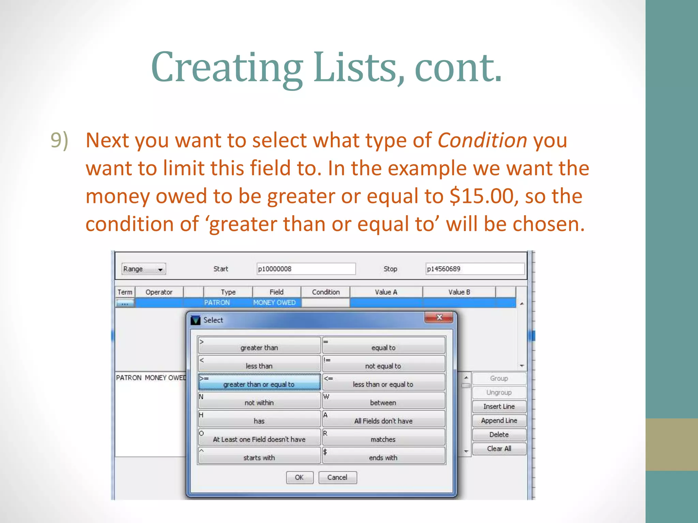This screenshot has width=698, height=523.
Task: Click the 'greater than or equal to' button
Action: [259, 382]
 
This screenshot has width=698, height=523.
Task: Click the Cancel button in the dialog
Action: [337, 477]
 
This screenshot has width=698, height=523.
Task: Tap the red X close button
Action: [439, 317]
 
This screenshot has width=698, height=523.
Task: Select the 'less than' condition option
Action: [259, 364]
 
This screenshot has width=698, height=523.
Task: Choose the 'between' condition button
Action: [383, 400]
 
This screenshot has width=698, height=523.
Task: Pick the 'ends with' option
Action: [383, 456]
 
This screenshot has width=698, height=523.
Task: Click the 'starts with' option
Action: [259, 456]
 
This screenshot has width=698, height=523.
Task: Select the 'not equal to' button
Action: [383, 364]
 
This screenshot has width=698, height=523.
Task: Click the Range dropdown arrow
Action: [160, 269]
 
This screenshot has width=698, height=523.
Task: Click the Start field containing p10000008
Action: [306, 269]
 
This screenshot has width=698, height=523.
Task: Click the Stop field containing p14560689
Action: [474, 269]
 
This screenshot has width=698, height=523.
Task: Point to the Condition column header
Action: [325, 292]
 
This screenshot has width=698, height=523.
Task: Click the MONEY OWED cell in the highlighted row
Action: [274, 302]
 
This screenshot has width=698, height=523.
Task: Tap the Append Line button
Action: [499, 421]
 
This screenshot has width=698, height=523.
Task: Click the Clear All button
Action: [499, 448]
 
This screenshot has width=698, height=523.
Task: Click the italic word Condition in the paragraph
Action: [482, 140]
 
